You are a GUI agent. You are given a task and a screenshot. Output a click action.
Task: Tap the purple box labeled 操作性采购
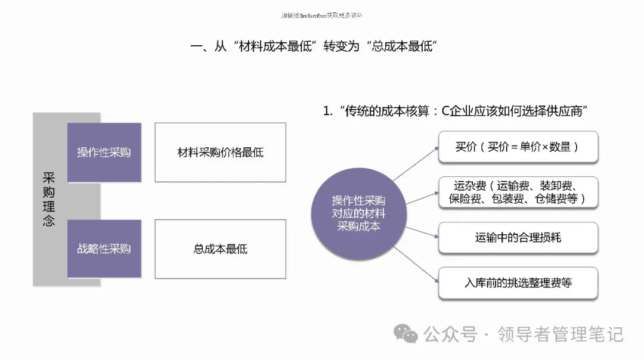tap(104, 153)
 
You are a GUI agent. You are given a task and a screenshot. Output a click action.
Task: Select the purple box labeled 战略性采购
tap(104, 249)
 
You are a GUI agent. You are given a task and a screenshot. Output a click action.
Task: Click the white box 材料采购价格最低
tap(220, 153)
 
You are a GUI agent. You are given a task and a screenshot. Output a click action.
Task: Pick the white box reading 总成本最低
tap(220, 249)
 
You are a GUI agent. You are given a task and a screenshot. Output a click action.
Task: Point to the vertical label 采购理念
tap(49, 200)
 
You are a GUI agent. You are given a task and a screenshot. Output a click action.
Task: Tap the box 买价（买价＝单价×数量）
tap(518, 147)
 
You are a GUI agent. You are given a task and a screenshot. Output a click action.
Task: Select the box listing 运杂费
tap(518, 192)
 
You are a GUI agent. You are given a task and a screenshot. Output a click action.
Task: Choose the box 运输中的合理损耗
tap(518, 237)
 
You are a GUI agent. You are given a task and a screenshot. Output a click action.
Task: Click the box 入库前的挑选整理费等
tap(518, 283)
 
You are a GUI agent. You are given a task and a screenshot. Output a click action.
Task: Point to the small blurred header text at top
tap(322, 15)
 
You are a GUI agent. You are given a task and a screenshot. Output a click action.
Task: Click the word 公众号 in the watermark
tap(451, 334)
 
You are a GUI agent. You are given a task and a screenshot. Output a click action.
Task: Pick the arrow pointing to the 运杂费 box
tap(422, 197)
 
